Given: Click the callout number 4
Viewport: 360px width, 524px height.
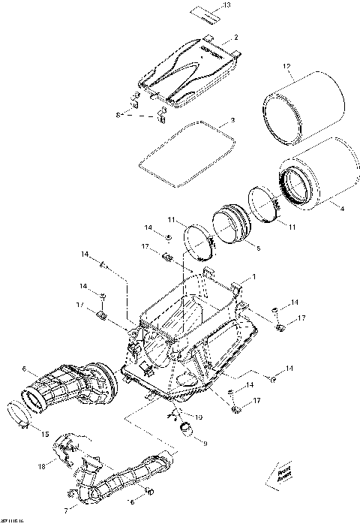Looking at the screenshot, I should click(x=343, y=211).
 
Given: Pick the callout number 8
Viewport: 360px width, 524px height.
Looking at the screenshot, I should click(x=118, y=114).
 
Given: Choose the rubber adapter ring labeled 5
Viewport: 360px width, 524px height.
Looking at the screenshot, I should click(x=232, y=225).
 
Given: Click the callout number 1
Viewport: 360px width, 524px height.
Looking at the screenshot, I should click(x=253, y=277).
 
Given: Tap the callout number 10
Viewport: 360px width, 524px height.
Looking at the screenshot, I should click(x=199, y=417).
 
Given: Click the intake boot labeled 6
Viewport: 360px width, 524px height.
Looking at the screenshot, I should click(x=71, y=387).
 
